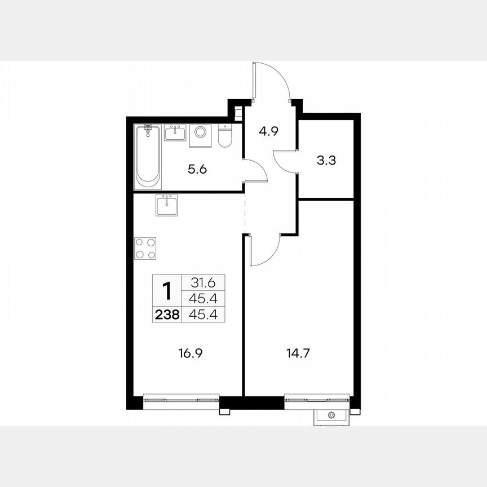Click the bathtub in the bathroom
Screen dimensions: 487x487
148,156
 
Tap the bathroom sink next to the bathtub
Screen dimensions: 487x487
175,134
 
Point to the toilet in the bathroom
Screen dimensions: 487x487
224,136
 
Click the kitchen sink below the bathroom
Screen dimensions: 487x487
166,205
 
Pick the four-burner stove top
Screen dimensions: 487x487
145,248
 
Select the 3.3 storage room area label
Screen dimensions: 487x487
326,160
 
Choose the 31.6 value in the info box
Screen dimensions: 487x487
200,282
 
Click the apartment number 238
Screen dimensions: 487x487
167,314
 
